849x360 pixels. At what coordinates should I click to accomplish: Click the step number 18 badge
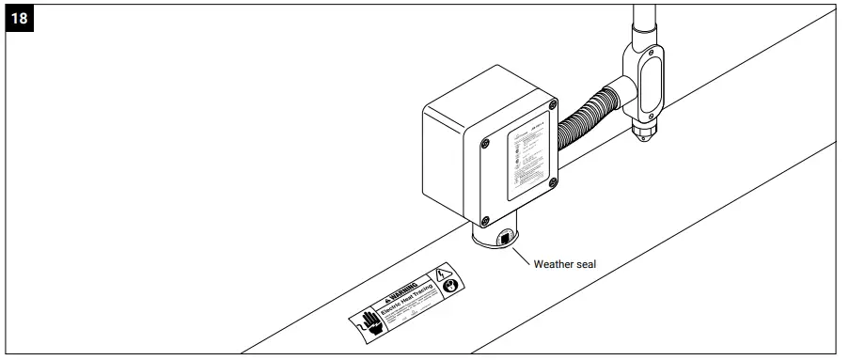(x=19, y=20)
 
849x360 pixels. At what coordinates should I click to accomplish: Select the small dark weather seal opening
(x=505, y=239)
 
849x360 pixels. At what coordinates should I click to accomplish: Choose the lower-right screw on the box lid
(x=558, y=185)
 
